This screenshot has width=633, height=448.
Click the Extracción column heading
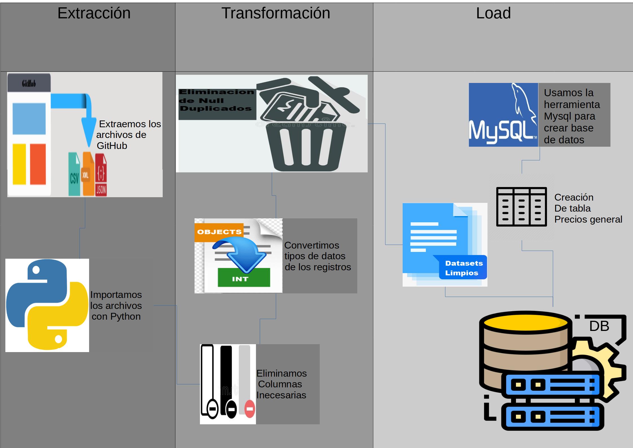94,13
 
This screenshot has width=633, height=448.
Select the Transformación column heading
275,13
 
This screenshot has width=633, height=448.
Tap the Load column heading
493,13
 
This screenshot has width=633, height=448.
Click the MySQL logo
503,115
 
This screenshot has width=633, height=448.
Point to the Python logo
47,305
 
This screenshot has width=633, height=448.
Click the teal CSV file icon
74,175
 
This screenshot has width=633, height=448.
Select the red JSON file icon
101,175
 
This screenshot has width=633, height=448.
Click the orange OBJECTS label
219,232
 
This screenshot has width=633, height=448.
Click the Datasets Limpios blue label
463,267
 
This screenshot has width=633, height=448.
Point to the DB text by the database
599,326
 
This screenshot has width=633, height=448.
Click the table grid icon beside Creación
521,207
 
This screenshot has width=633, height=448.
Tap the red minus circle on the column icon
250,409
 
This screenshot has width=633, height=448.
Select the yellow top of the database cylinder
525,323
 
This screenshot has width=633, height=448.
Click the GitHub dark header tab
29,83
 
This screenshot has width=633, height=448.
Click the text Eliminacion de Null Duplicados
216,100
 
